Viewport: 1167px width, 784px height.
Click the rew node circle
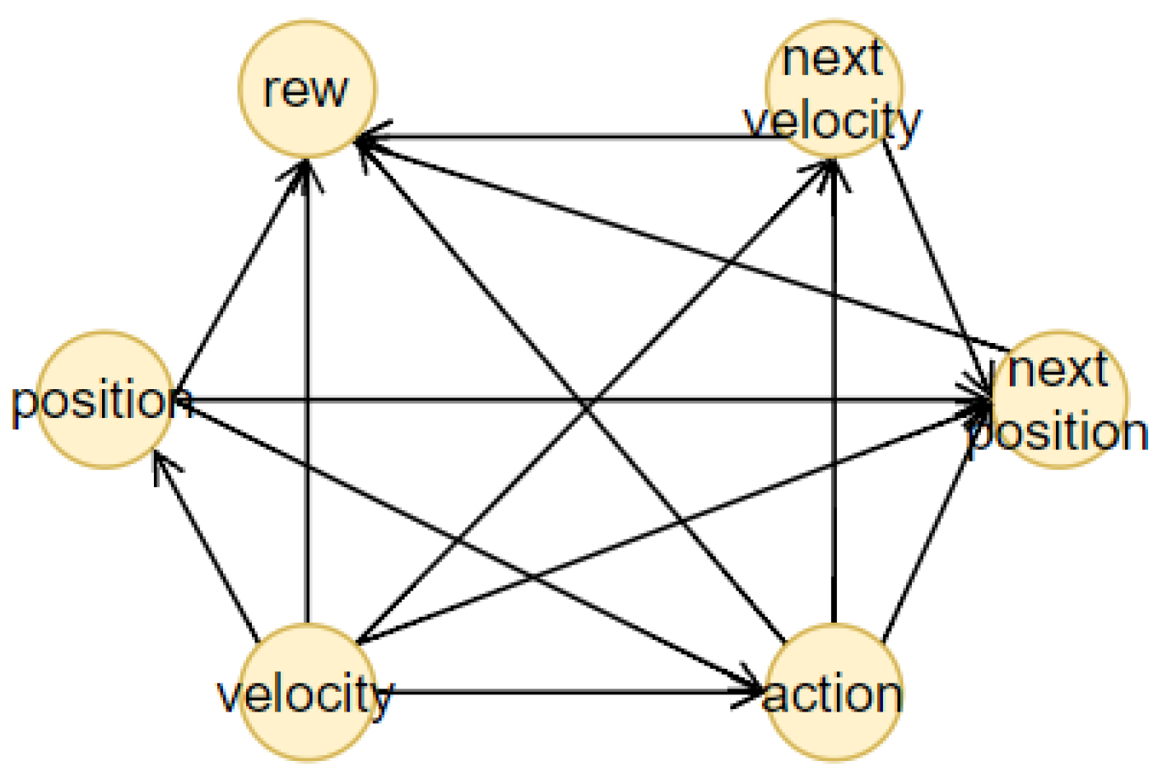[307, 89]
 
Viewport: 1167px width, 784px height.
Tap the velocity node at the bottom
[307, 693]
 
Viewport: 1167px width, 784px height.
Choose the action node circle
[833, 693]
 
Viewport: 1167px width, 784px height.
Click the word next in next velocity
[832, 59]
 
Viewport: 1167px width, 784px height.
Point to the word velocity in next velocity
[832, 121]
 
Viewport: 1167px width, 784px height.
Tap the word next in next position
[1057, 369]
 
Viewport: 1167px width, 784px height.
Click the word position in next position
[1058, 433]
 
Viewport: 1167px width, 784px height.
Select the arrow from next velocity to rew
[576, 137]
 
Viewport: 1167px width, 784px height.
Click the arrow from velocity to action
[568, 693]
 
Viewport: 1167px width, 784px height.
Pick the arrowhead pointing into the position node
[162, 462]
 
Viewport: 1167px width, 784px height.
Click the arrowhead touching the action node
[753, 689]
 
